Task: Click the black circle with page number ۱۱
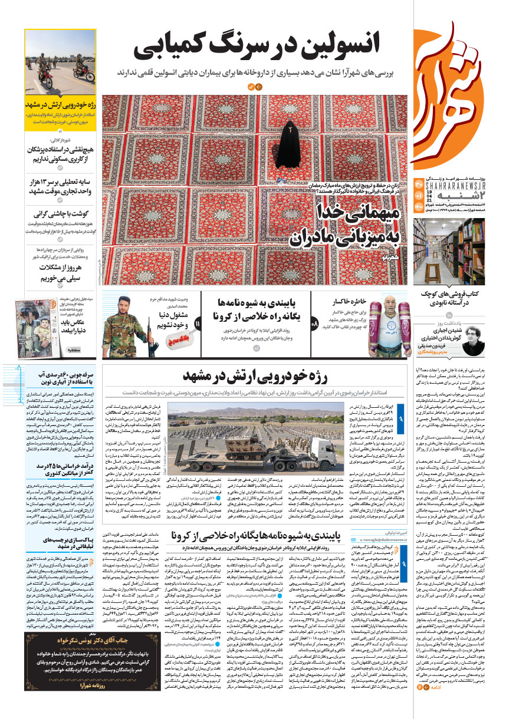(x=198, y=324)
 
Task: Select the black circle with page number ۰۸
(x=314, y=324)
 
